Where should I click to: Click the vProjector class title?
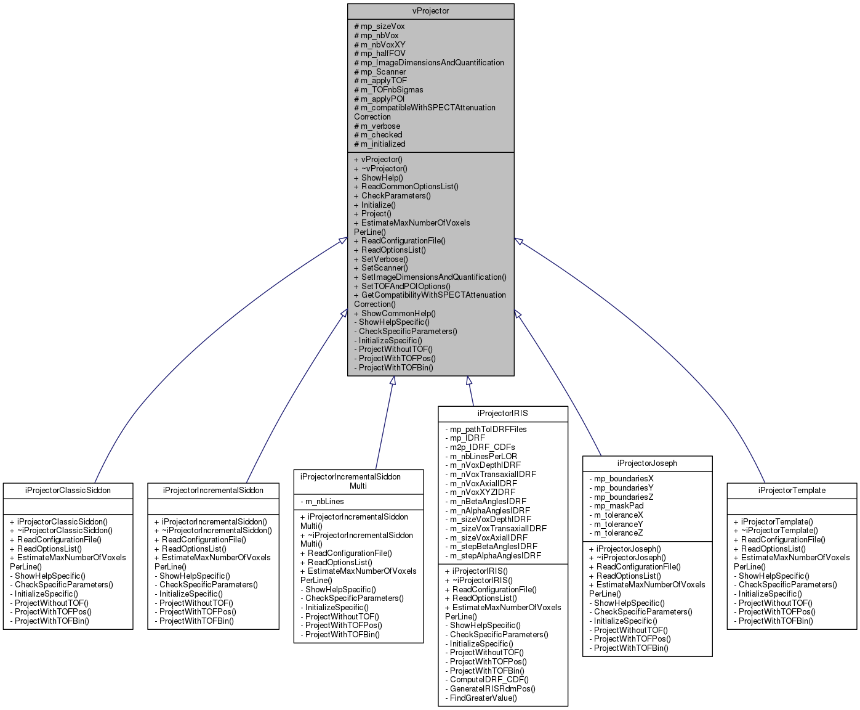click(x=430, y=11)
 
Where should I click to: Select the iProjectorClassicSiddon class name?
click(x=68, y=490)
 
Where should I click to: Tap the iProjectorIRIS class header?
click(x=502, y=413)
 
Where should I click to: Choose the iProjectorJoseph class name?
click(x=647, y=463)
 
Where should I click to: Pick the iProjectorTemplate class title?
click(x=792, y=490)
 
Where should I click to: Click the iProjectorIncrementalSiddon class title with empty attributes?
click(x=213, y=490)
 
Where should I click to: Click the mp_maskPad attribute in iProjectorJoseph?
click(x=616, y=505)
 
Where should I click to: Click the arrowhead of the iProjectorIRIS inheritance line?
click(x=468, y=381)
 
